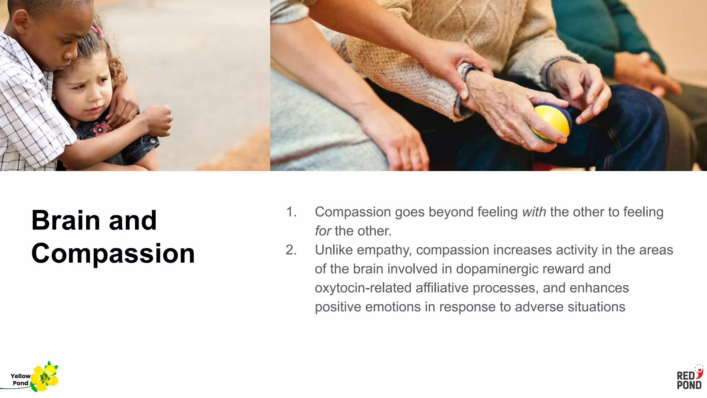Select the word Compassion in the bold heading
point(113,254)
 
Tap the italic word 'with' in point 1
point(534,212)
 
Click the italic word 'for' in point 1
point(323,231)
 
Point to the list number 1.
point(291,212)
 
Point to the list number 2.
point(291,250)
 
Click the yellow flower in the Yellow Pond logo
point(45,378)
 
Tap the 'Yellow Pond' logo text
point(20,379)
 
